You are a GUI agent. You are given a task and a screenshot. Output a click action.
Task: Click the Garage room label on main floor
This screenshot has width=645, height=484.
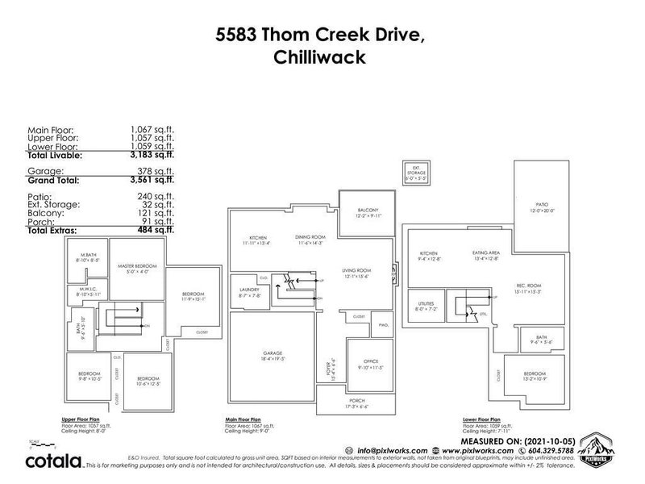click(270, 351)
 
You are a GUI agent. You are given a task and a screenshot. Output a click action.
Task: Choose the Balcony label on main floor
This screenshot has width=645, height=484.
click(368, 211)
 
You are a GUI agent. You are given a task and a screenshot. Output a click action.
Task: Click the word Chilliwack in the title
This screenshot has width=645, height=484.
click(322, 59)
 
